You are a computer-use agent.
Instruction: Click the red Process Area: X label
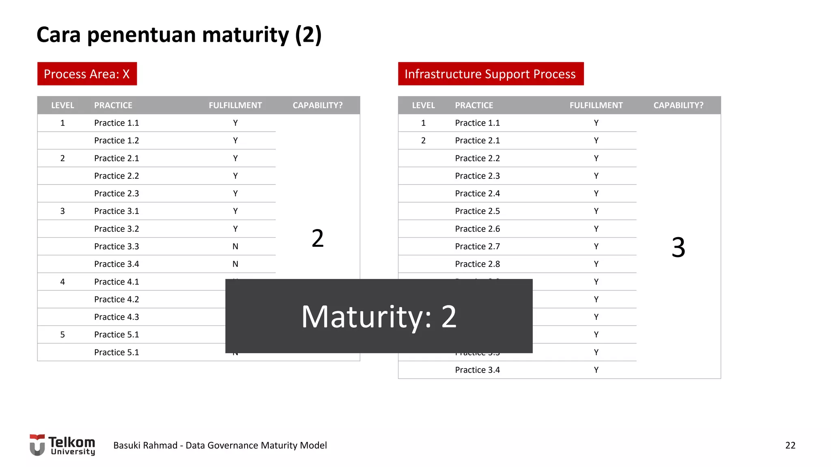(87, 74)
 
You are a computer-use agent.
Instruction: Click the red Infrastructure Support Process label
(490, 74)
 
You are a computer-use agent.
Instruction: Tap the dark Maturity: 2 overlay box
(379, 316)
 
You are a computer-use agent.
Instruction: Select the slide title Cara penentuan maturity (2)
(179, 35)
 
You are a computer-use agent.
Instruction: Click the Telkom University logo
(62, 445)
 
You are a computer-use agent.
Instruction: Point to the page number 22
(790, 446)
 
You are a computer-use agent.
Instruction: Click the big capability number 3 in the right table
(678, 247)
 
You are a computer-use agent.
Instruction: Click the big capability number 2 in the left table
(317, 238)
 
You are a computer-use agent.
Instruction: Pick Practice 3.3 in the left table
(116, 246)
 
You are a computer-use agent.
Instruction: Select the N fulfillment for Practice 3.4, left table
(235, 264)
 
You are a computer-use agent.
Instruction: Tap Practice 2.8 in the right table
(477, 264)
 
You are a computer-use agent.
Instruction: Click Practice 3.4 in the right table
(477, 370)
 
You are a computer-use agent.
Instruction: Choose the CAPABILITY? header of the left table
(317, 105)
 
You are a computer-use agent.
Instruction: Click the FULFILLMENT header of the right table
(596, 105)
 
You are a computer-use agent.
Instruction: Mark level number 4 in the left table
(62, 282)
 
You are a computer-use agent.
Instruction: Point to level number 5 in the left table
(62, 335)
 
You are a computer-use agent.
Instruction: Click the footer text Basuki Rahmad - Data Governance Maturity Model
(220, 446)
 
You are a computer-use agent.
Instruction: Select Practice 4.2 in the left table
(116, 300)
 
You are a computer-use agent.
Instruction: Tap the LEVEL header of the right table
(423, 105)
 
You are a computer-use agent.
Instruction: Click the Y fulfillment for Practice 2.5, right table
(596, 211)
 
